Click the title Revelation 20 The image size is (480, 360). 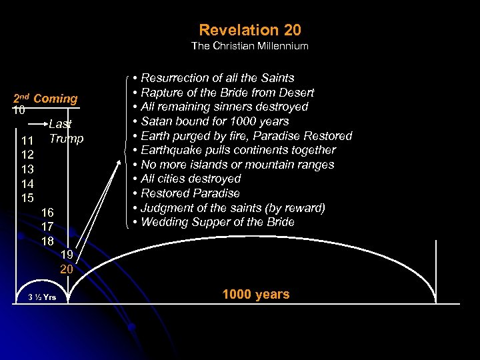click(x=250, y=30)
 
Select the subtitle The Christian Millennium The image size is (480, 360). click(x=250, y=46)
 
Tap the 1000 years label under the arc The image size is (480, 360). click(x=256, y=294)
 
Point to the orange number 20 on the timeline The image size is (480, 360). click(x=67, y=269)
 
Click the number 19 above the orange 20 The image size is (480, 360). click(x=67, y=255)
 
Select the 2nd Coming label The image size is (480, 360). click(x=45, y=99)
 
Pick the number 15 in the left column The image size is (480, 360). click(x=27, y=198)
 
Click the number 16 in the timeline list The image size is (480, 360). click(x=47, y=212)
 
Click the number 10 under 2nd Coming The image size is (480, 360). click(x=19, y=110)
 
